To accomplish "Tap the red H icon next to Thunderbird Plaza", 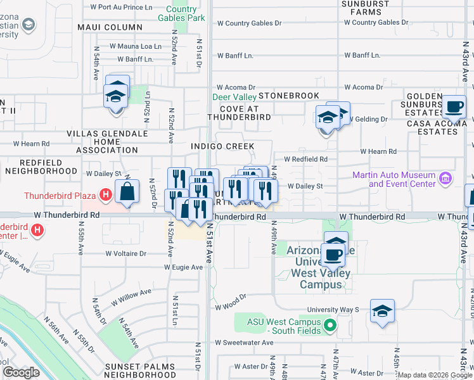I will (x=106, y=196).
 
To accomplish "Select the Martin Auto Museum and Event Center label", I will (x=402, y=179).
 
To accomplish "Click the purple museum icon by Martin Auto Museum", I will (x=445, y=179).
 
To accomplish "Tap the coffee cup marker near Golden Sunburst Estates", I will (x=454, y=107).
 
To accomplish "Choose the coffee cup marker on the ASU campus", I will (x=333, y=255).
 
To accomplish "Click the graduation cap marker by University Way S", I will (x=382, y=311).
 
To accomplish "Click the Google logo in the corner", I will (x=21, y=372).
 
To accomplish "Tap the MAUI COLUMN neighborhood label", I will (x=110, y=27).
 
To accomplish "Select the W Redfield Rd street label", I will (x=305, y=160).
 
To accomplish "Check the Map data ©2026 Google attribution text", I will (x=435, y=375).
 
